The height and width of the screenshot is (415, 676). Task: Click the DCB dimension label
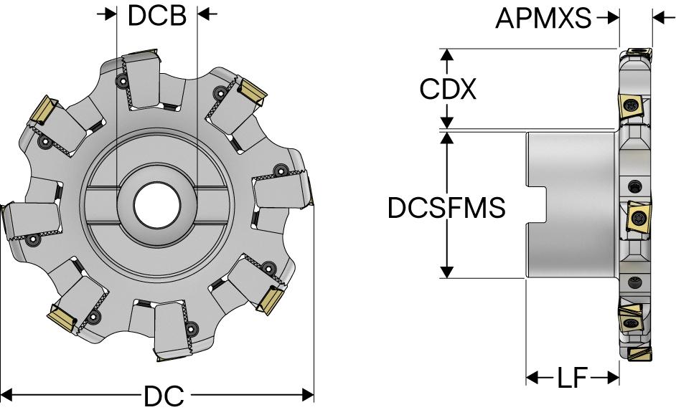coord(156,16)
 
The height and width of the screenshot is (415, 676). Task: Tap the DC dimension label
coord(164,396)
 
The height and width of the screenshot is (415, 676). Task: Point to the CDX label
coord(448,89)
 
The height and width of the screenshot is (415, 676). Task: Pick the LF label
coord(572,377)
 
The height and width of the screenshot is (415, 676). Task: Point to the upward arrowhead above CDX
coord(447,54)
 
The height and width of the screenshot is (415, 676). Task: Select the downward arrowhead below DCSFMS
coord(447,272)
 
